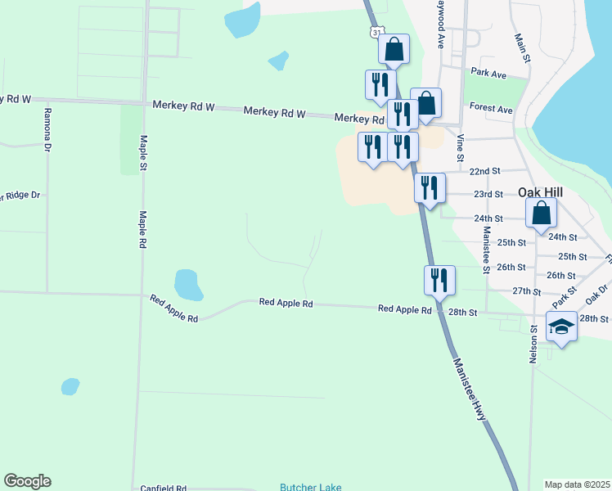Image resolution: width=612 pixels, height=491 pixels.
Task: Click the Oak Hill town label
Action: (x=540, y=192)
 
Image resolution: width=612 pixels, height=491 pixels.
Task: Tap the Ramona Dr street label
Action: (x=48, y=130)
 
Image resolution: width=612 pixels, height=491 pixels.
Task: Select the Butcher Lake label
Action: (x=310, y=487)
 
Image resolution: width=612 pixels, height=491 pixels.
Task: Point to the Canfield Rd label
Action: (x=163, y=488)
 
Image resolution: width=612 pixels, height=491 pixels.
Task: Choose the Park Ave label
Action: (x=488, y=74)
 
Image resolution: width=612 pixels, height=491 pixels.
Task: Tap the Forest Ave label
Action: (x=491, y=109)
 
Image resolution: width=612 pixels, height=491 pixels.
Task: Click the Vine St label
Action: (x=461, y=147)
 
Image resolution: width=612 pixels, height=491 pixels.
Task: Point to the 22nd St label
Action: (x=486, y=171)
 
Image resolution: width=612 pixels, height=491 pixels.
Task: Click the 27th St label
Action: (x=526, y=291)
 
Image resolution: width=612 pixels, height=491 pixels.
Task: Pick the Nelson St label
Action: (x=533, y=343)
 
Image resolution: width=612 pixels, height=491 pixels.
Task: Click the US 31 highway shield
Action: (x=374, y=31)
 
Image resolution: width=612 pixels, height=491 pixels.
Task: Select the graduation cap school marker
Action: (x=562, y=327)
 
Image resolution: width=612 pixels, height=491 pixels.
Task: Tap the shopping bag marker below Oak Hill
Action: (x=542, y=214)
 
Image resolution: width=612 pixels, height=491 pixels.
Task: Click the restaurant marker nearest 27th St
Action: (x=439, y=281)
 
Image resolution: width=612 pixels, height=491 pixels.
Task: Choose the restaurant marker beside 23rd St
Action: (x=430, y=187)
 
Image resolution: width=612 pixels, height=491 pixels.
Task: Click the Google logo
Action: (x=27, y=481)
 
